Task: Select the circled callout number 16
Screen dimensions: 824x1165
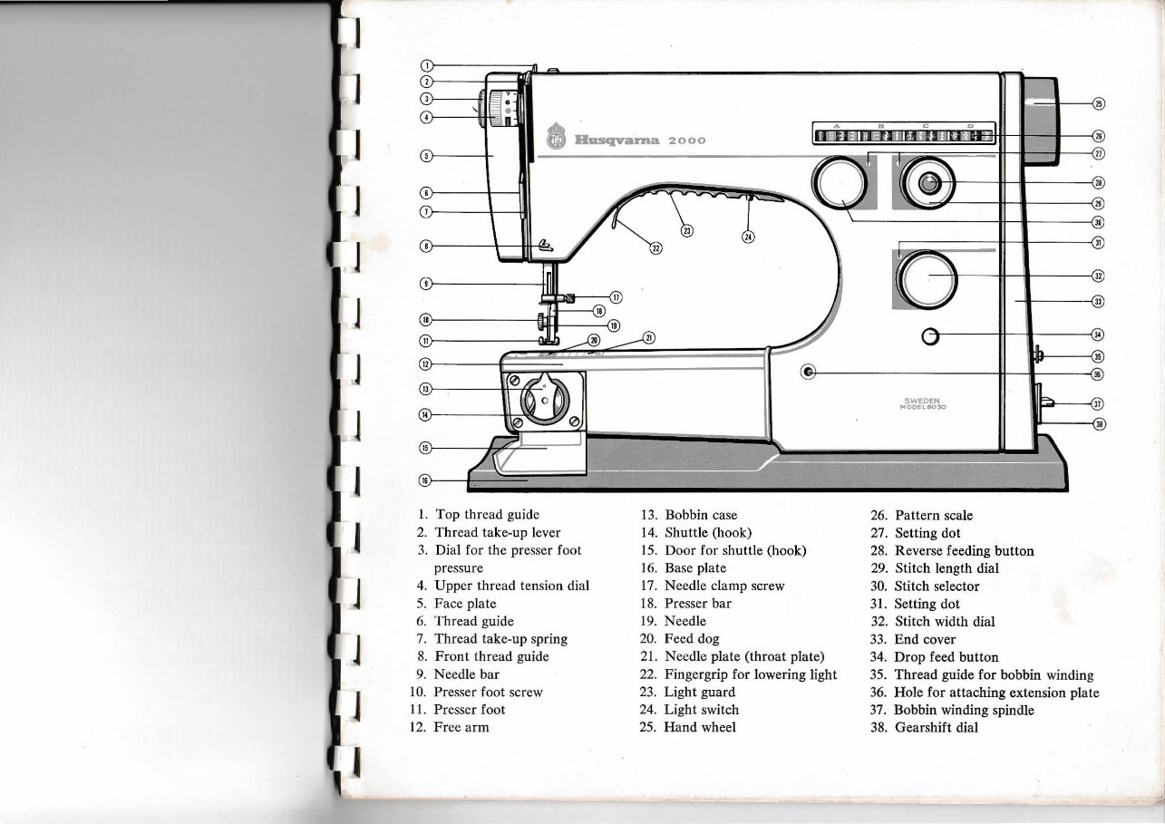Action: pos(423,480)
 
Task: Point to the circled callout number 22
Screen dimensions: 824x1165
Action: pos(656,248)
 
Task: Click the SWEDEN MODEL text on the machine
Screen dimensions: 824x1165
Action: pos(924,403)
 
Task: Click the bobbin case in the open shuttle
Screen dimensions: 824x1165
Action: pos(544,400)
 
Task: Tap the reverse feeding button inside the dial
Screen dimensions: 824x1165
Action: pos(927,184)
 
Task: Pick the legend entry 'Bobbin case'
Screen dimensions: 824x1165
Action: pos(700,515)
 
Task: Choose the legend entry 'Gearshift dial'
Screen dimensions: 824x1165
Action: pos(936,727)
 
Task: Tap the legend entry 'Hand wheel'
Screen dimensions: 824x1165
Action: pos(699,727)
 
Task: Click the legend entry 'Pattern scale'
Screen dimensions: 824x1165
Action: pos(933,515)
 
